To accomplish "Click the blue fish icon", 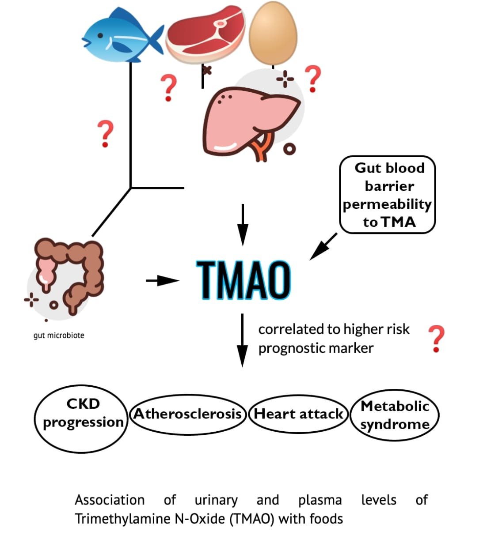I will coord(122,35).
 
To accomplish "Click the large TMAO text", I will coord(243,280).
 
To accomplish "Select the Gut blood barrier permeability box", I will coord(388,195).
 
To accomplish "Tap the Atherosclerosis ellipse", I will coord(187,414).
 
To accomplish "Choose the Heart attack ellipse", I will coord(299,414).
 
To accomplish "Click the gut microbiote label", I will coord(59,335).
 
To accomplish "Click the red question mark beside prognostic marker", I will coord(436,339).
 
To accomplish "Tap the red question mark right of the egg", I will coord(313,78).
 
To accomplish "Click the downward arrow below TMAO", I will coord(242,340).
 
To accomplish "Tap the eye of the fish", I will coord(101,35).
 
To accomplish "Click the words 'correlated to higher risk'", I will coord(334,329).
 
